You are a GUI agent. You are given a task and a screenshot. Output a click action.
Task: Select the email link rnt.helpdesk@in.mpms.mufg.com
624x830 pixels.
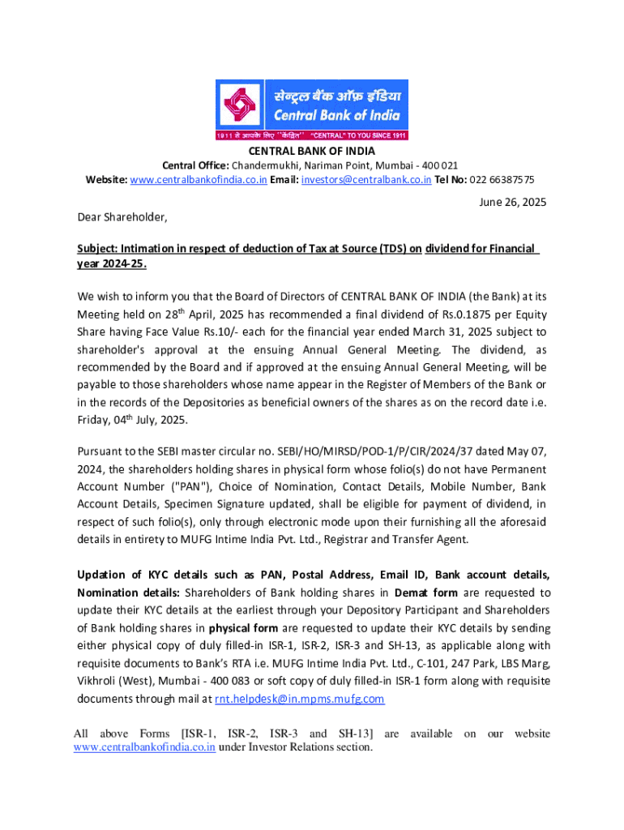click(x=299, y=699)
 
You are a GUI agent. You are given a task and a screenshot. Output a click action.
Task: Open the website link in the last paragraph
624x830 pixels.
click(x=144, y=747)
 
